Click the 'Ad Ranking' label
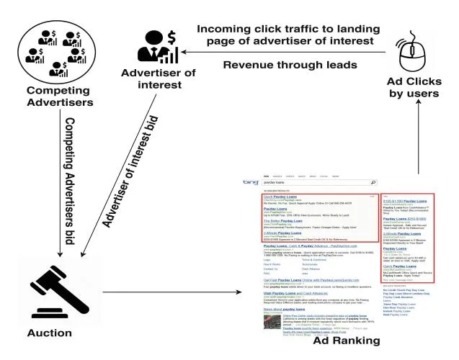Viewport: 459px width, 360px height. pyautogui.click(x=345, y=341)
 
